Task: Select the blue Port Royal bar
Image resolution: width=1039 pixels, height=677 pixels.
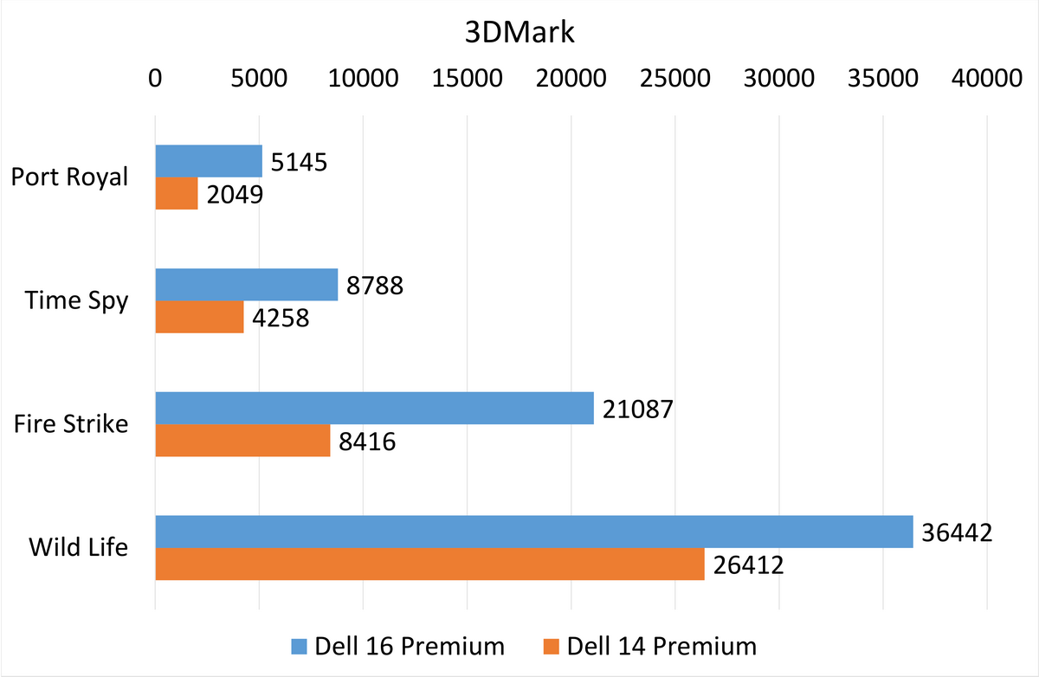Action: [x=209, y=161]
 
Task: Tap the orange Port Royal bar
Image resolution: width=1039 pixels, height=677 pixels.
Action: [x=177, y=193]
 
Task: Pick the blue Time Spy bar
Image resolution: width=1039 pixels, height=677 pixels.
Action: [x=247, y=285]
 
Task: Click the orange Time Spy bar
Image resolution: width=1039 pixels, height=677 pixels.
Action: [x=199, y=317]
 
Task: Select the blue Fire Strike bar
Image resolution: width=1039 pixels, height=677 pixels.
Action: [x=374, y=408]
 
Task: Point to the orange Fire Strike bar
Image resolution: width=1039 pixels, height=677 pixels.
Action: [x=242, y=441]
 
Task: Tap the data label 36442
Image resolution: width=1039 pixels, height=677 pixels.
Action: [x=957, y=532]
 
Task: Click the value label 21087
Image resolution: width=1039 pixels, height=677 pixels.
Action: [x=637, y=409]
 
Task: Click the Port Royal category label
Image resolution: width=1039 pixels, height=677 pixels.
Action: [x=69, y=177]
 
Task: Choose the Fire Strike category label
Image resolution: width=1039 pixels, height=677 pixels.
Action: [x=71, y=424]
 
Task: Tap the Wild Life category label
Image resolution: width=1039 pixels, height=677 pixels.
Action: [x=79, y=547]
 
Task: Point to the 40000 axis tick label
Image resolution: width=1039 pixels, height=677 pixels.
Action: [x=986, y=78]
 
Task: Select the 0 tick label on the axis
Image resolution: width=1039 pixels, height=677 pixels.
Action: [x=155, y=78]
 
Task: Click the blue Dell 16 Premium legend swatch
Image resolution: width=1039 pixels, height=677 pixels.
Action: [x=299, y=646]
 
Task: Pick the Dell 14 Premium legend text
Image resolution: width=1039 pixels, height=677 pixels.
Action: [x=661, y=646]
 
